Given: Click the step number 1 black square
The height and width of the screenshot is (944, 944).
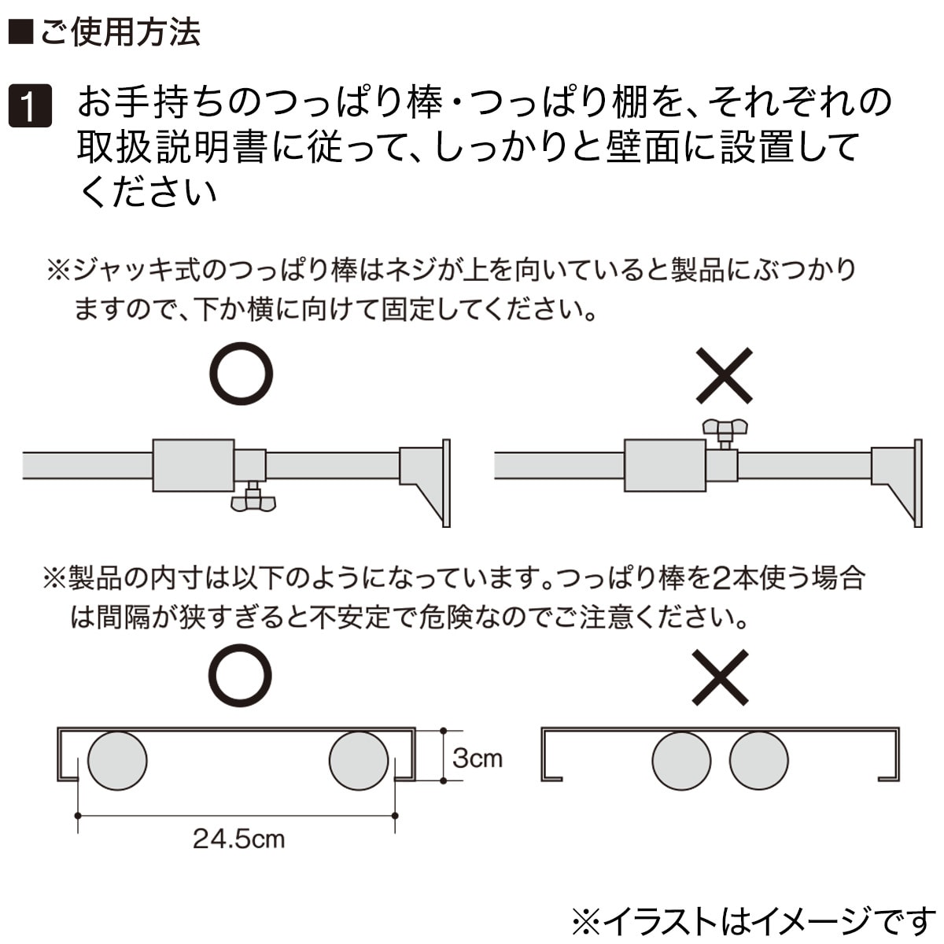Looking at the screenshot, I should [30, 106].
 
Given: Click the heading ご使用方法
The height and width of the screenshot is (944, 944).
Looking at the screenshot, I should [106, 31].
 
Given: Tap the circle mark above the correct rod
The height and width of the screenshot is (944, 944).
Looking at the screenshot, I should [241, 373].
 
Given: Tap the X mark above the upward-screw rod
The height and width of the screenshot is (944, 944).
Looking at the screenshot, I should [724, 375].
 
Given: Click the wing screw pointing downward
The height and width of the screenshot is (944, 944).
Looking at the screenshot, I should [253, 499].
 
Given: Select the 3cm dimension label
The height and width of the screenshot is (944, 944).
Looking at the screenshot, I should [477, 758].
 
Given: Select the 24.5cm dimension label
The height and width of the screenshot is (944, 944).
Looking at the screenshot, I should [238, 839].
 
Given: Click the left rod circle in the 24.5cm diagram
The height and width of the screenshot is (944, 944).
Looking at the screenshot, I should [117, 761].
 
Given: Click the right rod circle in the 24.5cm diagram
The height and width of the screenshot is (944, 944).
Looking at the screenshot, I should [358, 761].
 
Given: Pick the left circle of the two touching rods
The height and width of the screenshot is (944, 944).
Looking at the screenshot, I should [681, 761].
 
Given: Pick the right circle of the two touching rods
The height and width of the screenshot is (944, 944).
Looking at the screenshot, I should [758, 761].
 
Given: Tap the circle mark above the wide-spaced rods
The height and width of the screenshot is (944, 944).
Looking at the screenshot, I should [240, 677].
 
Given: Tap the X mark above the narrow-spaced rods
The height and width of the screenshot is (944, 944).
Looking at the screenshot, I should [721, 677].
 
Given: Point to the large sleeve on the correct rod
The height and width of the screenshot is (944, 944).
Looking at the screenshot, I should [194, 466].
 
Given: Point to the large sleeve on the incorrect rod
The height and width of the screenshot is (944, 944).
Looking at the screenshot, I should [665, 466].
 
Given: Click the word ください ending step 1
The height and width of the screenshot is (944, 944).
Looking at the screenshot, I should [148, 191].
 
